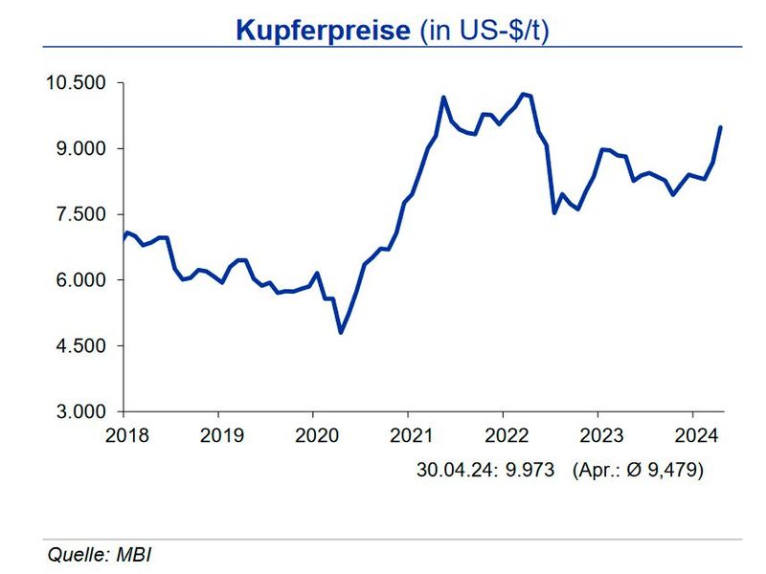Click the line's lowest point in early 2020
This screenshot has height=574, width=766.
coord(341,332)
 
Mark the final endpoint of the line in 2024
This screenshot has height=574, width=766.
coord(720,127)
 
